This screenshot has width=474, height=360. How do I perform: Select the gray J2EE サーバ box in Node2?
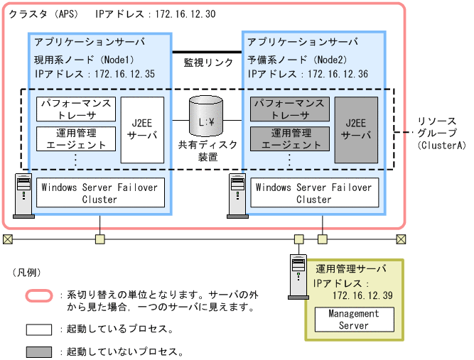(356, 129)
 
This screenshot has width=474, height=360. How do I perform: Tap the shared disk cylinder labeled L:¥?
(207, 117)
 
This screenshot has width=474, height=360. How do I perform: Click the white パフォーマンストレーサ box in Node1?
(75, 109)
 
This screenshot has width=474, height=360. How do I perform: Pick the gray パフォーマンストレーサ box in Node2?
(290, 109)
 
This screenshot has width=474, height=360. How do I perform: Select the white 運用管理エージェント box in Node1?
(75, 138)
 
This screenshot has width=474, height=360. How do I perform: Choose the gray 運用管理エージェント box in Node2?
(290, 138)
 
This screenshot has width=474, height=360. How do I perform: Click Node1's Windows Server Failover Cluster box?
(99, 193)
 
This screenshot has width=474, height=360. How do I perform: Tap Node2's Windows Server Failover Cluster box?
(313, 193)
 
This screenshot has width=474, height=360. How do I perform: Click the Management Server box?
(354, 320)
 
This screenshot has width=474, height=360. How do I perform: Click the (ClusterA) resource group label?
(443, 145)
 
